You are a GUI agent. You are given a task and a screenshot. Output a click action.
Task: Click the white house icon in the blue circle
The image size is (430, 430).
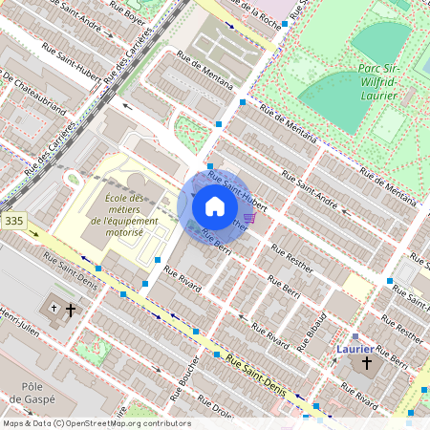click(214, 206)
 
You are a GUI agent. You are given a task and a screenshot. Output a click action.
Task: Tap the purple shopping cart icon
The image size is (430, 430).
click(249, 218)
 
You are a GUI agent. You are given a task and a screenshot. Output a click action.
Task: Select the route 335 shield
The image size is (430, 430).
click(13, 221)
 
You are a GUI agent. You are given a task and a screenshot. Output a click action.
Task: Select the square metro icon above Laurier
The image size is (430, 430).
click(355, 336)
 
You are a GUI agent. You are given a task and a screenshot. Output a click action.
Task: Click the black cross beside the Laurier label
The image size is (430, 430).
click(365, 364)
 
